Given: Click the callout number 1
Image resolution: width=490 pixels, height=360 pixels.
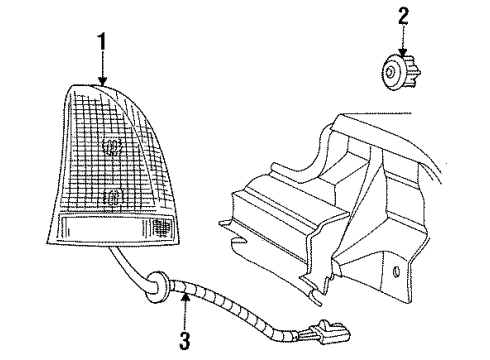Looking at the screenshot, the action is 100,43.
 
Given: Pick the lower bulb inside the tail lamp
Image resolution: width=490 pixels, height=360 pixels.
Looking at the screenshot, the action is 112,194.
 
